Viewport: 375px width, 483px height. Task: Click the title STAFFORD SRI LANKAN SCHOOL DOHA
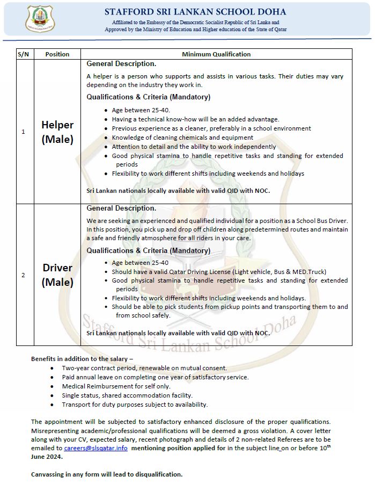tap(195, 12)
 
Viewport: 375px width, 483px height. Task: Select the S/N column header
tap(24, 54)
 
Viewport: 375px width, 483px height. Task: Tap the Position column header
tap(57, 54)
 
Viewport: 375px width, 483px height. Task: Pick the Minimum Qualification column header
tap(216, 54)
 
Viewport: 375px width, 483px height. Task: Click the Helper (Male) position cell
tap(57, 132)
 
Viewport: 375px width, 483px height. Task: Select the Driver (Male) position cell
tap(57, 275)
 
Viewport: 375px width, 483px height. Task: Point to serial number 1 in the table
tap(23, 132)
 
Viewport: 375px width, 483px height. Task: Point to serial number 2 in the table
tap(23, 275)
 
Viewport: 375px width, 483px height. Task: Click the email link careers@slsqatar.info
tap(95, 448)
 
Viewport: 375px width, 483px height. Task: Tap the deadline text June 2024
tap(47, 457)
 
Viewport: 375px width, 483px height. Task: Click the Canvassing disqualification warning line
tap(107, 474)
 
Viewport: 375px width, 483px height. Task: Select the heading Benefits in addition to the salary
tap(82, 358)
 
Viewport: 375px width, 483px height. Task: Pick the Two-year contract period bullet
tap(144, 368)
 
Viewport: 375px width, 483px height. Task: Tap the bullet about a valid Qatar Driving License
tap(219, 272)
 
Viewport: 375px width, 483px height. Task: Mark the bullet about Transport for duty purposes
tap(135, 405)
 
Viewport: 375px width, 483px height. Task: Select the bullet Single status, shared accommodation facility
tap(127, 395)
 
